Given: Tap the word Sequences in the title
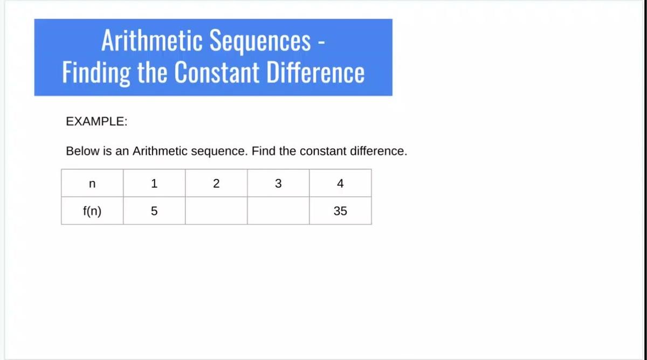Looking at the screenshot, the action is click(260, 41).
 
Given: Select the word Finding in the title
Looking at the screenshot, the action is click(97, 72).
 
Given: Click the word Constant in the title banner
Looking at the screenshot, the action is click(217, 72).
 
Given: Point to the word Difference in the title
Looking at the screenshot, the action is click(315, 72).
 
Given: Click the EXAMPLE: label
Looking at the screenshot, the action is click(97, 121).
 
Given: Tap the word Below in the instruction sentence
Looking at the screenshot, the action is click(82, 151).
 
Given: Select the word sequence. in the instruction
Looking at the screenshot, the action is click(219, 151).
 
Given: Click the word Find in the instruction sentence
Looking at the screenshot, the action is click(264, 151).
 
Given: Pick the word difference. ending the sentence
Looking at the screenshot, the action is click(378, 151).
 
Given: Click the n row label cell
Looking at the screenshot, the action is click(92, 183).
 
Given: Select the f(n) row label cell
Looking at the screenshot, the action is click(92, 211).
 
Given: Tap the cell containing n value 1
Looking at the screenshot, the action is click(154, 183).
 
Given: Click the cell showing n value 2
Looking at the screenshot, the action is click(216, 183).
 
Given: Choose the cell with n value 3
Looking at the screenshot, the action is click(278, 183).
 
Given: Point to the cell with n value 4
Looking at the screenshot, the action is click(341, 183).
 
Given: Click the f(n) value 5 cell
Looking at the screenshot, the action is click(154, 211).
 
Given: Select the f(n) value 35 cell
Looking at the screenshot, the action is click(341, 211).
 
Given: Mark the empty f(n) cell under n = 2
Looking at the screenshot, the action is click(216, 211).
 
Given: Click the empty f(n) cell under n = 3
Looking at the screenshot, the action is click(278, 211).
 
